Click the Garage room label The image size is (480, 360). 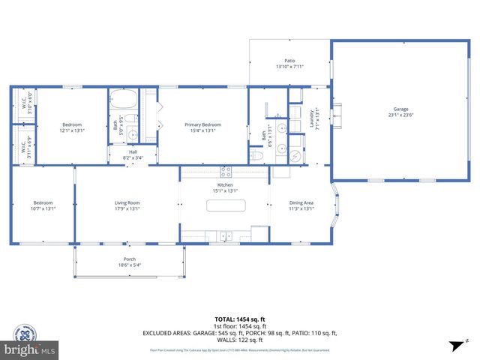point(402,109)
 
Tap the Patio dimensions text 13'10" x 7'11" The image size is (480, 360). point(289,67)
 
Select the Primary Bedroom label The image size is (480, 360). point(202,124)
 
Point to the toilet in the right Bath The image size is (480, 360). point(256,156)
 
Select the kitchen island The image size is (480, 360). point(225,205)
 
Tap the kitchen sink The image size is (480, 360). point(225,237)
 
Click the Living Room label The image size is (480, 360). point(127,202)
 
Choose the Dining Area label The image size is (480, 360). point(301,202)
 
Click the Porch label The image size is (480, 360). point(129,259)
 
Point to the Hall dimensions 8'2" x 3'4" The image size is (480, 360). point(132,157)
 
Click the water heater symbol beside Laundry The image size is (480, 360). point(295,155)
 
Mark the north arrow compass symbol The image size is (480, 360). point(453,345)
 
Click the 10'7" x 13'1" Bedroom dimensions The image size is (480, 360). point(43,208)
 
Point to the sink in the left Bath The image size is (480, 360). point(132,136)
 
